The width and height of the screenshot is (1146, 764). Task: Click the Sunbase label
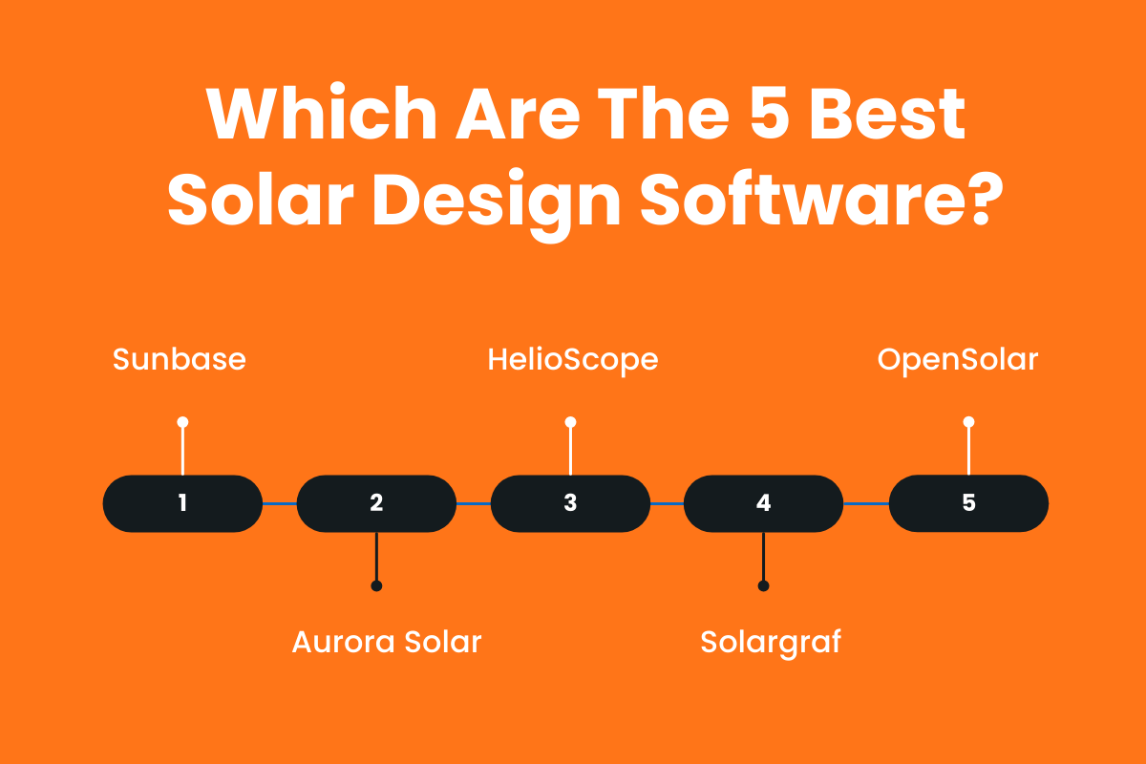pyautogui.click(x=180, y=360)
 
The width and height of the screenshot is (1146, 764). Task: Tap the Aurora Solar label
pyautogui.click(x=386, y=642)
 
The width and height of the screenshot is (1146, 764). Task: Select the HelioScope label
pyautogui.click(x=573, y=360)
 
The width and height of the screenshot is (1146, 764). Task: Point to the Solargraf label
pyautogui.click(x=771, y=642)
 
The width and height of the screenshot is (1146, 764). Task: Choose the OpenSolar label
pyautogui.click(x=958, y=360)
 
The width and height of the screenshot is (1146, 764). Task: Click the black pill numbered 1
pyautogui.click(x=182, y=503)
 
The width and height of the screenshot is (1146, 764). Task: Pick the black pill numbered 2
pyautogui.click(x=376, y=503)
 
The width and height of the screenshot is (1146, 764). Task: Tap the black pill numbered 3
pyautogui.click(x=570, y=503)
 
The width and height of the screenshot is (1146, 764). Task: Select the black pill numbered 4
pyautogui.click(x=763, y=503)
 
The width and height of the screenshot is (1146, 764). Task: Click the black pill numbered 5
pyautogui.click(x=968, y=503)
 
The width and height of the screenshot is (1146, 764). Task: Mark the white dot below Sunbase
pyautogui.click(x=182, y=421)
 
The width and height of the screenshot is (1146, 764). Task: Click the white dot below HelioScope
pyautogui.click(x=570, y=421)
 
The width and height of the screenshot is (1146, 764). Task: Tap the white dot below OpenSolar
pyautogui.click(x=968, y=421)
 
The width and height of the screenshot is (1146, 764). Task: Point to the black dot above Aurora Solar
pyautogui.click(x=376, y=585)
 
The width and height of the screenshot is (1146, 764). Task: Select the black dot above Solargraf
pyautogui.click(x=763, y=585)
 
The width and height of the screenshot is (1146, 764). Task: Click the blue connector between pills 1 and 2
pyautogui.click(x=280, y=503)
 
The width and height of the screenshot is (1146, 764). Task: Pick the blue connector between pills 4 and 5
pyautogui.click(x=866, y=503)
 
